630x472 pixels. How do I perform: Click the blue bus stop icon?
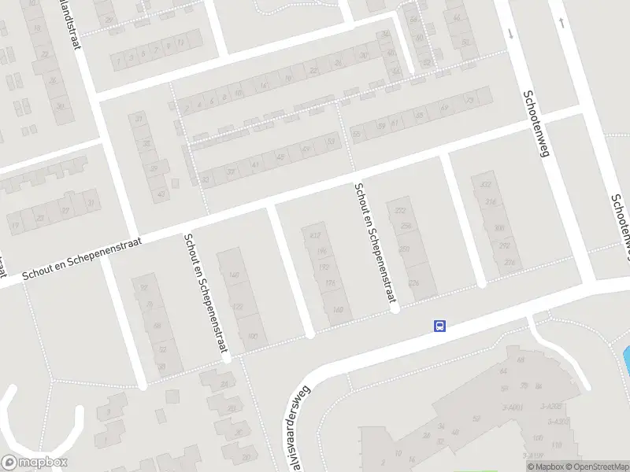440,326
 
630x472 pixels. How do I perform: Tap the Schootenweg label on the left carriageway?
534,124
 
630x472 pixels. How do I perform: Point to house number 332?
486,185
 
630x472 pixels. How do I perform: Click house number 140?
233,275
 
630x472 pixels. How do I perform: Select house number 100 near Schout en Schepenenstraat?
252,336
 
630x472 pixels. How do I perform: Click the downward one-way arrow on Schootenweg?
510,33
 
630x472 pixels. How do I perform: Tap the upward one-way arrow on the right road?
561,22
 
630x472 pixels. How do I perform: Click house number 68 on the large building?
521,360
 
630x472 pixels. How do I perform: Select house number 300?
498,228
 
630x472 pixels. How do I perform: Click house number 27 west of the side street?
65,210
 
